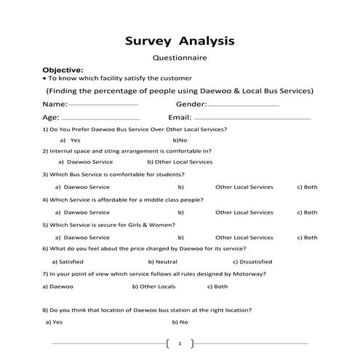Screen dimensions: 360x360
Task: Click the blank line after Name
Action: click(103, 105)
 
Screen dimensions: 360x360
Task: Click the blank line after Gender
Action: click(244, 105)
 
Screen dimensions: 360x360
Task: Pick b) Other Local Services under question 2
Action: click(180, 162)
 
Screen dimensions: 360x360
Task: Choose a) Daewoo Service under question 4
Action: click(82, 212)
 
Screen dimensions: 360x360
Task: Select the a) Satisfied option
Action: click(68, 261)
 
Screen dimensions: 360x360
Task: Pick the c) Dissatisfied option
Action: click(252, 261)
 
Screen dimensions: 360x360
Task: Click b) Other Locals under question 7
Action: click(155, 287)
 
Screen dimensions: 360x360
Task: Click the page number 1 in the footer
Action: click(180, 343)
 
